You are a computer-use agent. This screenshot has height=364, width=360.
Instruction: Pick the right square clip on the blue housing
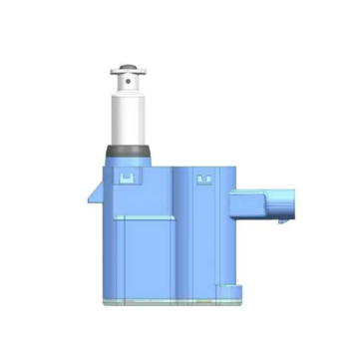(204, 181)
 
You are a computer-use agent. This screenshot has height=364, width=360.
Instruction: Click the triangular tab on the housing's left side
(93, 191)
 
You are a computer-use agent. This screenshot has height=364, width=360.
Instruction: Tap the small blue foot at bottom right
(231, 290)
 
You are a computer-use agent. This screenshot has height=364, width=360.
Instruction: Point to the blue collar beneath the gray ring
(127, 161)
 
